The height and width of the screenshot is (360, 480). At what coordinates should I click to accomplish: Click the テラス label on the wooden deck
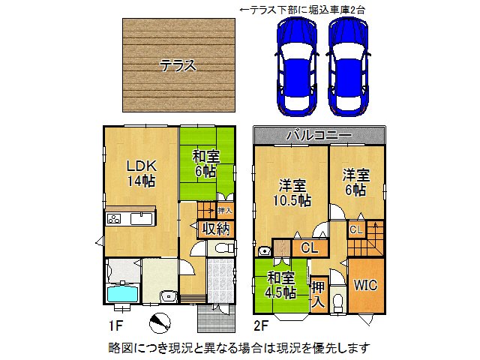178,65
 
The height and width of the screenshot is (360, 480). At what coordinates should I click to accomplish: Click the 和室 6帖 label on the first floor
205,164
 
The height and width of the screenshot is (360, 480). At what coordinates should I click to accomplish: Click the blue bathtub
122,292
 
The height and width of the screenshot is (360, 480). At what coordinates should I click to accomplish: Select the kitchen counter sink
140,219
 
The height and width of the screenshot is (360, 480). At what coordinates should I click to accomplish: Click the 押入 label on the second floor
318,293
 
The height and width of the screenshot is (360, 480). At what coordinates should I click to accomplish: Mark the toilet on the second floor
337,301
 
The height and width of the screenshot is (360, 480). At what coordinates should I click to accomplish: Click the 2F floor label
260,325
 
